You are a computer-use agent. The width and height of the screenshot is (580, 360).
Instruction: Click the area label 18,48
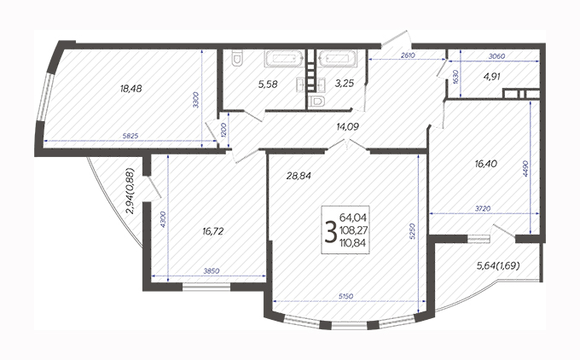(131, 89)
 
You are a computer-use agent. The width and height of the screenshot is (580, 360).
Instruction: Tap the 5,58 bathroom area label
(268, 84)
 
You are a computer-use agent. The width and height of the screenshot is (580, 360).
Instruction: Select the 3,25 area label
(345, 84)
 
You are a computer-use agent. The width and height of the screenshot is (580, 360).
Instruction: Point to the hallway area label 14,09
(348, 127)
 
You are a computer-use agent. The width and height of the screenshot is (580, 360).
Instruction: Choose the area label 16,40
(486, 164)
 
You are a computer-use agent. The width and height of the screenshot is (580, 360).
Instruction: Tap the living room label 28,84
(299, 176)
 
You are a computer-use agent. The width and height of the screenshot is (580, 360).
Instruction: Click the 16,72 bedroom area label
(213, 232)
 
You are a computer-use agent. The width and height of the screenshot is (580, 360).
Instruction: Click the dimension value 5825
(130, 136)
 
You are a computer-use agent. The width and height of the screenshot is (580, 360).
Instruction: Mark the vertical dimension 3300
(196, 100)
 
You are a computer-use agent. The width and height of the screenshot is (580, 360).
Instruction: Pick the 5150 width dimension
(345, 296)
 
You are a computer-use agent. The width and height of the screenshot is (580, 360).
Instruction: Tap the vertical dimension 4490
(525, 168)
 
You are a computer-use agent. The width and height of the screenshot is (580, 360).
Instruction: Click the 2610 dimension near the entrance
(408, 55)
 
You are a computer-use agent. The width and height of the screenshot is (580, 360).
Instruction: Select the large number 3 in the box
(330, 231)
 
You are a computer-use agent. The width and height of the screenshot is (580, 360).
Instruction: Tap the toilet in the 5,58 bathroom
(236, 59)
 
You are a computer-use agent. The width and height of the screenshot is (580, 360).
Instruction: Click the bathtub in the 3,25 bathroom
(338, 59)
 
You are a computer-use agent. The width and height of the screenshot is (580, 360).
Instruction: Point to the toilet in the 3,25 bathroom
(316, 101)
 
